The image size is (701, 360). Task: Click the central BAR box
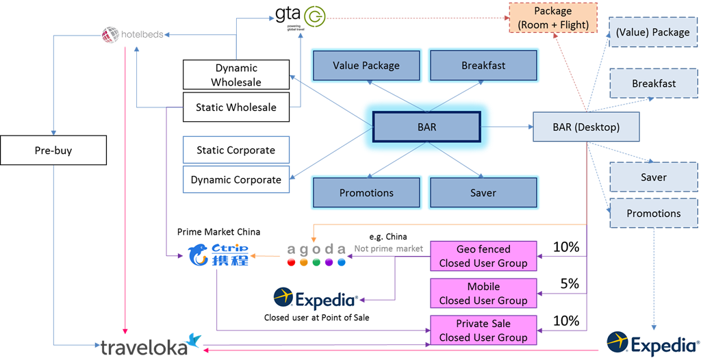426,127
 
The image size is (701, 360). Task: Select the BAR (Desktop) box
586,127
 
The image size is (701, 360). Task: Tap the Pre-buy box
53,151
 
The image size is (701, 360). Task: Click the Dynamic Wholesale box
236,75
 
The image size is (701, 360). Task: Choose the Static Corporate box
236,150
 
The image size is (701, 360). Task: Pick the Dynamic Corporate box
236,179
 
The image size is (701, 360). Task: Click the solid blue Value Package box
366,66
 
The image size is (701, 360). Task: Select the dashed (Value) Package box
652,31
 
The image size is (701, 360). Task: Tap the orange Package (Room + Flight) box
553,18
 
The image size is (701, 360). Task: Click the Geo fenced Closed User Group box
483,256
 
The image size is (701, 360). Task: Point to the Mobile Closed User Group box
483,293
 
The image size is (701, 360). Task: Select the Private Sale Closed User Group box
483,330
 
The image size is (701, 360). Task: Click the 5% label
570,283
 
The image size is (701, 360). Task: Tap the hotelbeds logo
133,34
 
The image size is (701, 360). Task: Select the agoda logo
314,254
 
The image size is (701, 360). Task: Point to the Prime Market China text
219,232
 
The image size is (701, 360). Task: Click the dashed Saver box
654,177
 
